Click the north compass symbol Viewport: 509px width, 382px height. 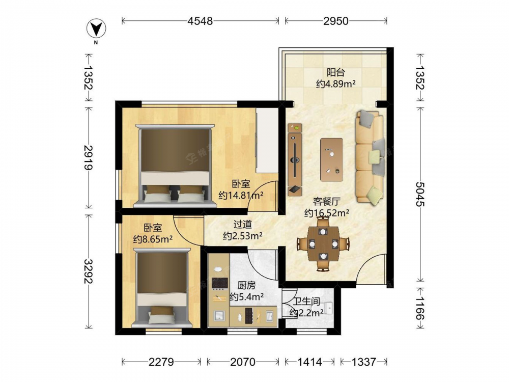pos(96,29)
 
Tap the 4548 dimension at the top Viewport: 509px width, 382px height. pos(200,21)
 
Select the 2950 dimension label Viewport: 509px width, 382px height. pos(336,21)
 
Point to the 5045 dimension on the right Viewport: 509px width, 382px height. pos(420,194)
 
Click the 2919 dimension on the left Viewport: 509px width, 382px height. pos(88,157)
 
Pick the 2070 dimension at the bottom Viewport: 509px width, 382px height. pos(243,362)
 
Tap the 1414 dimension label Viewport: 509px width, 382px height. pos(309,362)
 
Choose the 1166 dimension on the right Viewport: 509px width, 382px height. pos(420,308)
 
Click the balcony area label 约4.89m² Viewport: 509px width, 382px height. pos(335,84)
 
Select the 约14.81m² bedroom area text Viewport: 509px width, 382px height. pos(241,195)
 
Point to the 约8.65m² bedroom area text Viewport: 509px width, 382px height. pos(153,239)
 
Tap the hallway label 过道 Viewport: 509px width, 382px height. pos(243,225)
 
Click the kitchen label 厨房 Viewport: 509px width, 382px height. pos(246,286)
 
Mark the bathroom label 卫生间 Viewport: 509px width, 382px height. pos(307,302)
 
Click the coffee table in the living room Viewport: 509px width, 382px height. pos(331,159)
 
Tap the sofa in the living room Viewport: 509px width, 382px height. pos(371,157)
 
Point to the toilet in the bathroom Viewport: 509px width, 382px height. pos(328,307)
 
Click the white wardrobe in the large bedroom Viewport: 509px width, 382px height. pos(267,141)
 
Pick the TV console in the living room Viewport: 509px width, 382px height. pos(295,159)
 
